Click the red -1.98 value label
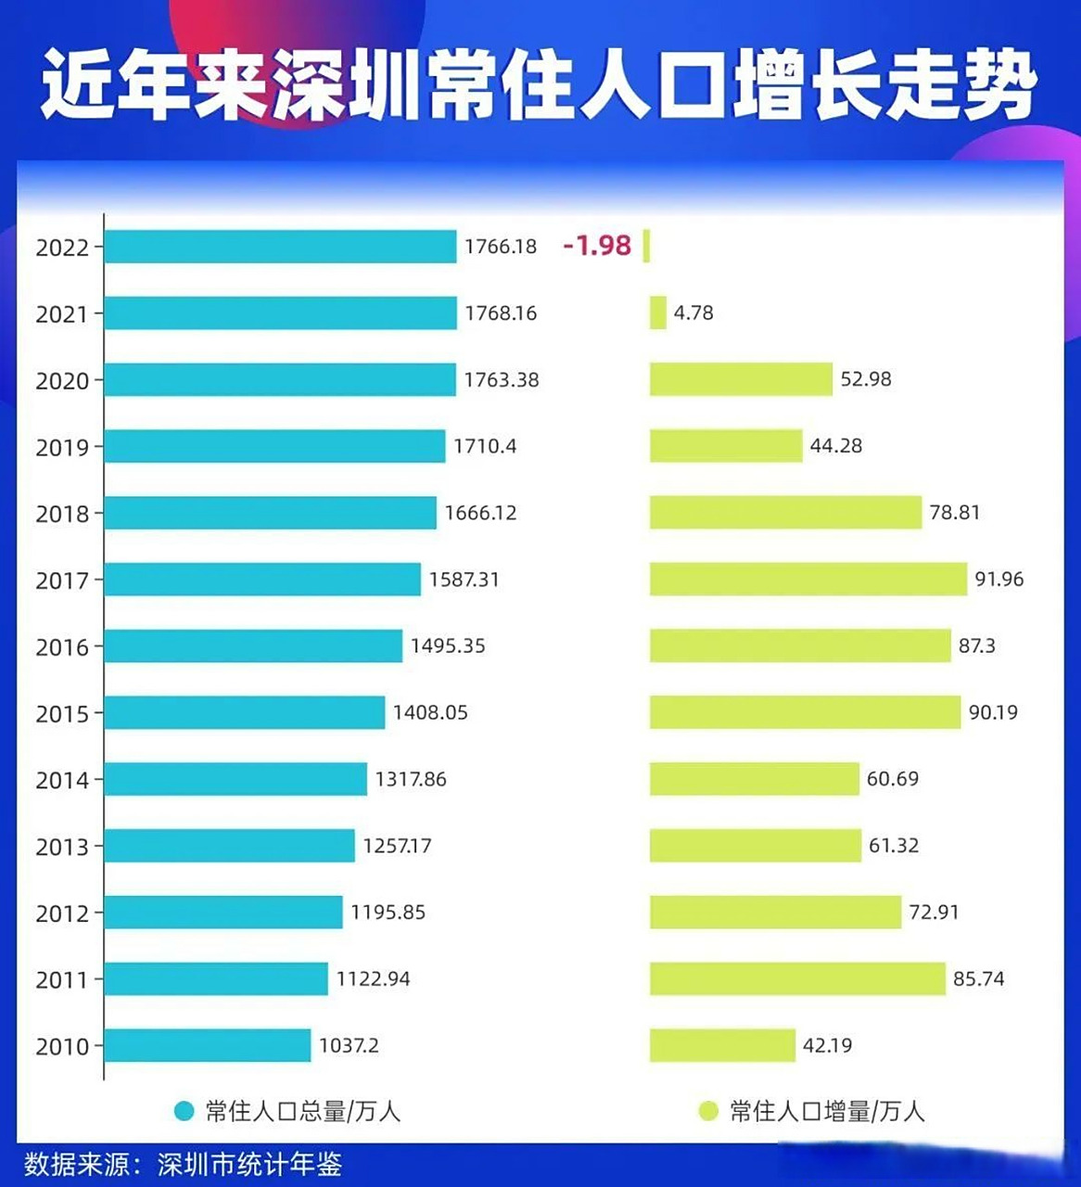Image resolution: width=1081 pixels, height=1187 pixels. (597, 246)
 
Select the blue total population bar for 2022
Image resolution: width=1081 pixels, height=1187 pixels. (280, 247)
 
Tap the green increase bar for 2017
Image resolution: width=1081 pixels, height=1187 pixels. (808, 580)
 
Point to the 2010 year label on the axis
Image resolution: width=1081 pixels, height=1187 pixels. (62, 1047)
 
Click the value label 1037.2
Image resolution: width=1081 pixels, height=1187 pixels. (349, 1046)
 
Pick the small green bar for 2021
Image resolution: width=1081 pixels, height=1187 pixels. (657, 313)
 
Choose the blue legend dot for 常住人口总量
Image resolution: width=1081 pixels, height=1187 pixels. (184, 1111)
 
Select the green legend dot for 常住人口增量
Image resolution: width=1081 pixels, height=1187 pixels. (708, 1111)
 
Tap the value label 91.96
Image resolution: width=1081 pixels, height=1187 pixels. (998, 580)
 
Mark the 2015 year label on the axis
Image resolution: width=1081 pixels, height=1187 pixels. (62, 714)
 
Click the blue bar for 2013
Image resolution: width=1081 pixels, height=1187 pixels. (229, 846)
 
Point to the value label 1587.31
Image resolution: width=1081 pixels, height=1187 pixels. (464, 580)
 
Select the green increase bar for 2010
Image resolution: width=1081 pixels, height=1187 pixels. (722, 1045)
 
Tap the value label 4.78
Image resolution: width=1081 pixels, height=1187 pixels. (693, 313)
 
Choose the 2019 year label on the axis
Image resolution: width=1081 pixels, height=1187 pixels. (62, 448)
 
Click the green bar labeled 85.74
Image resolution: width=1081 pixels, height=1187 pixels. (797, 978)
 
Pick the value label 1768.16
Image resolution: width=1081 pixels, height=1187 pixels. (501, 313)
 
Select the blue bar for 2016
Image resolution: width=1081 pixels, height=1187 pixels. (253, 645)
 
